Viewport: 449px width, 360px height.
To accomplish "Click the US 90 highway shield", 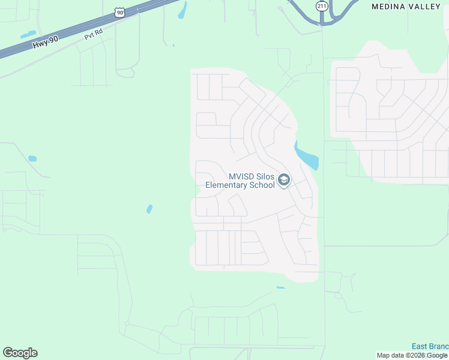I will click(121, 11).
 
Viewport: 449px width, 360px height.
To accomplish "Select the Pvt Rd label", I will click(93, 36).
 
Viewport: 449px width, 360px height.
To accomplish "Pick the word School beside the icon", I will click(262, 185).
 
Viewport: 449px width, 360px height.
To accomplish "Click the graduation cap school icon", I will click(284, 181).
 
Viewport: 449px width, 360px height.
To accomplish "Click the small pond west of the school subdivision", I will click(149, 209).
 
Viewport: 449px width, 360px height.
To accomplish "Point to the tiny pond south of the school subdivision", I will click(280, 288).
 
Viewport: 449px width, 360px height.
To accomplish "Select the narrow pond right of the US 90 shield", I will click(182, 10).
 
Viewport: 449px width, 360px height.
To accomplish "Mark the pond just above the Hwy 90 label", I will click(28, 34).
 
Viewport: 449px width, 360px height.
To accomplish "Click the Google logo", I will click(20, 353).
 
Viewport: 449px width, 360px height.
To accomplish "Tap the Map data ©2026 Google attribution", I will click(412, 355).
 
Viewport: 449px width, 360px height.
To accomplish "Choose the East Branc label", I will click(429, 346).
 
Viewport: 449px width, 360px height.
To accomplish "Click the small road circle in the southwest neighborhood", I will click(127, 323).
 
